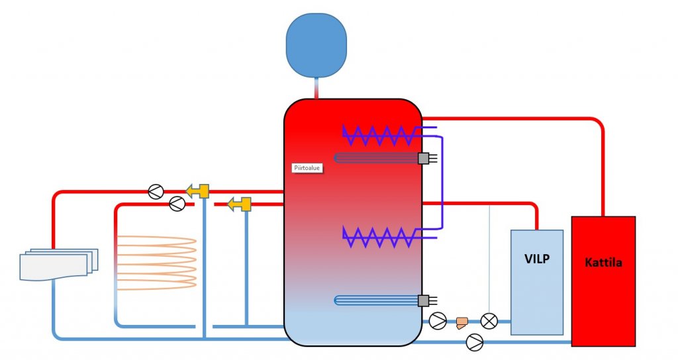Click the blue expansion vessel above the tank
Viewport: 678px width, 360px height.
[x=316, y=42]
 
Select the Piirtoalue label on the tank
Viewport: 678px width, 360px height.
[x=307, y=168]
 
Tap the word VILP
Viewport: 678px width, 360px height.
[x=537, y=259]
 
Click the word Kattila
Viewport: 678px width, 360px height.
[x=603, y=263]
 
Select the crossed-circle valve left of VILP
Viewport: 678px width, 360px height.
[x=489, y=321]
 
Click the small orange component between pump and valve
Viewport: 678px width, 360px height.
[x=462, y=322]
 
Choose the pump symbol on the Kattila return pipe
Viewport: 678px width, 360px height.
[x=475, y=341]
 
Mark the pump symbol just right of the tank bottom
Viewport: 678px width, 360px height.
[x=438, y=321]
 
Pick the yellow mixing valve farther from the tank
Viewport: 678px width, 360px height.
[x=198, y=191]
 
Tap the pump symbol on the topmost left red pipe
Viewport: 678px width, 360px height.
[x=155, y=191]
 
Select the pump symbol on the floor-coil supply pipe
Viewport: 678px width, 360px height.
[x=177, y=204]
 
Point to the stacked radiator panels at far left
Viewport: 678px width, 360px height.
[x=58, y=264]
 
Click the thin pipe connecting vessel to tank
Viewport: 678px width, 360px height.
[x=316, y=89]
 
